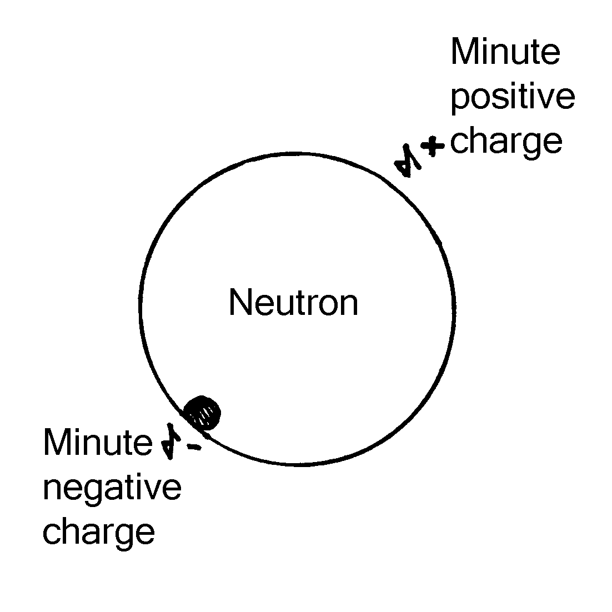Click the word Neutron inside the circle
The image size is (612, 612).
coord(293,303)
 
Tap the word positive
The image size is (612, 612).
coord(512,98)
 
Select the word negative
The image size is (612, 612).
coord(112,489)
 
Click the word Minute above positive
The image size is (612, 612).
coord(505,53)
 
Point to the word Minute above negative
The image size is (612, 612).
coord(97,443)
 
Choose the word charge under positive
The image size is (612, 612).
coord(506,142)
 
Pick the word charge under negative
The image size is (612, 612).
coord(98,532)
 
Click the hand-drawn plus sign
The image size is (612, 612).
coord(433,146)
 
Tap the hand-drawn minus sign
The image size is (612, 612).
coord(193,447)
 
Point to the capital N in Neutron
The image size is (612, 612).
coord(240,303)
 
